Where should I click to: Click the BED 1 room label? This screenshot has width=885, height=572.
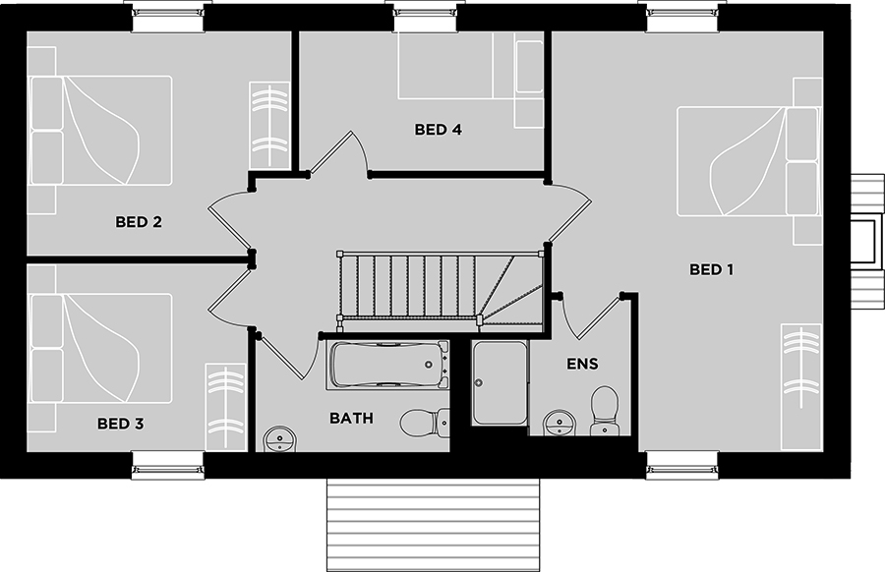coord(711,269)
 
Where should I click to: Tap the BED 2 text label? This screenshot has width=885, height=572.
coord(139,222)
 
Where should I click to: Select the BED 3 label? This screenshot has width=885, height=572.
coord(120,423)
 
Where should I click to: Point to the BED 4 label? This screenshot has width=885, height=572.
coord(438,129)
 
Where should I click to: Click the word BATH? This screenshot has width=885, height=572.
coord(351,418)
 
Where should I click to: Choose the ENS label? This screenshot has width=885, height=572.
coord(582,364)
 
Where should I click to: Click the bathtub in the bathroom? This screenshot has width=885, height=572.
coord(387,365)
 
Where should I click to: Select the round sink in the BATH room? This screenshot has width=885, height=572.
coord(279,439)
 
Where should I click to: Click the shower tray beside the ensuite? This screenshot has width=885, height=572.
coord(501,382)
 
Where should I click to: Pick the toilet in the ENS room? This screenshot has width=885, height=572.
coord(604,411)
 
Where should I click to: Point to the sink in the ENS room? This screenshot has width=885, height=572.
coord(560,423)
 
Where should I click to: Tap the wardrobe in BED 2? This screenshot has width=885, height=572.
coord(269,125)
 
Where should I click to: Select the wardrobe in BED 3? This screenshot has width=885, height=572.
coord(224,407)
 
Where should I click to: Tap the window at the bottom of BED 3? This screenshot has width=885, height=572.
coord(167,466)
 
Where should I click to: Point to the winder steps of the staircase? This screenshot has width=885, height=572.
coord(509,289)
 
